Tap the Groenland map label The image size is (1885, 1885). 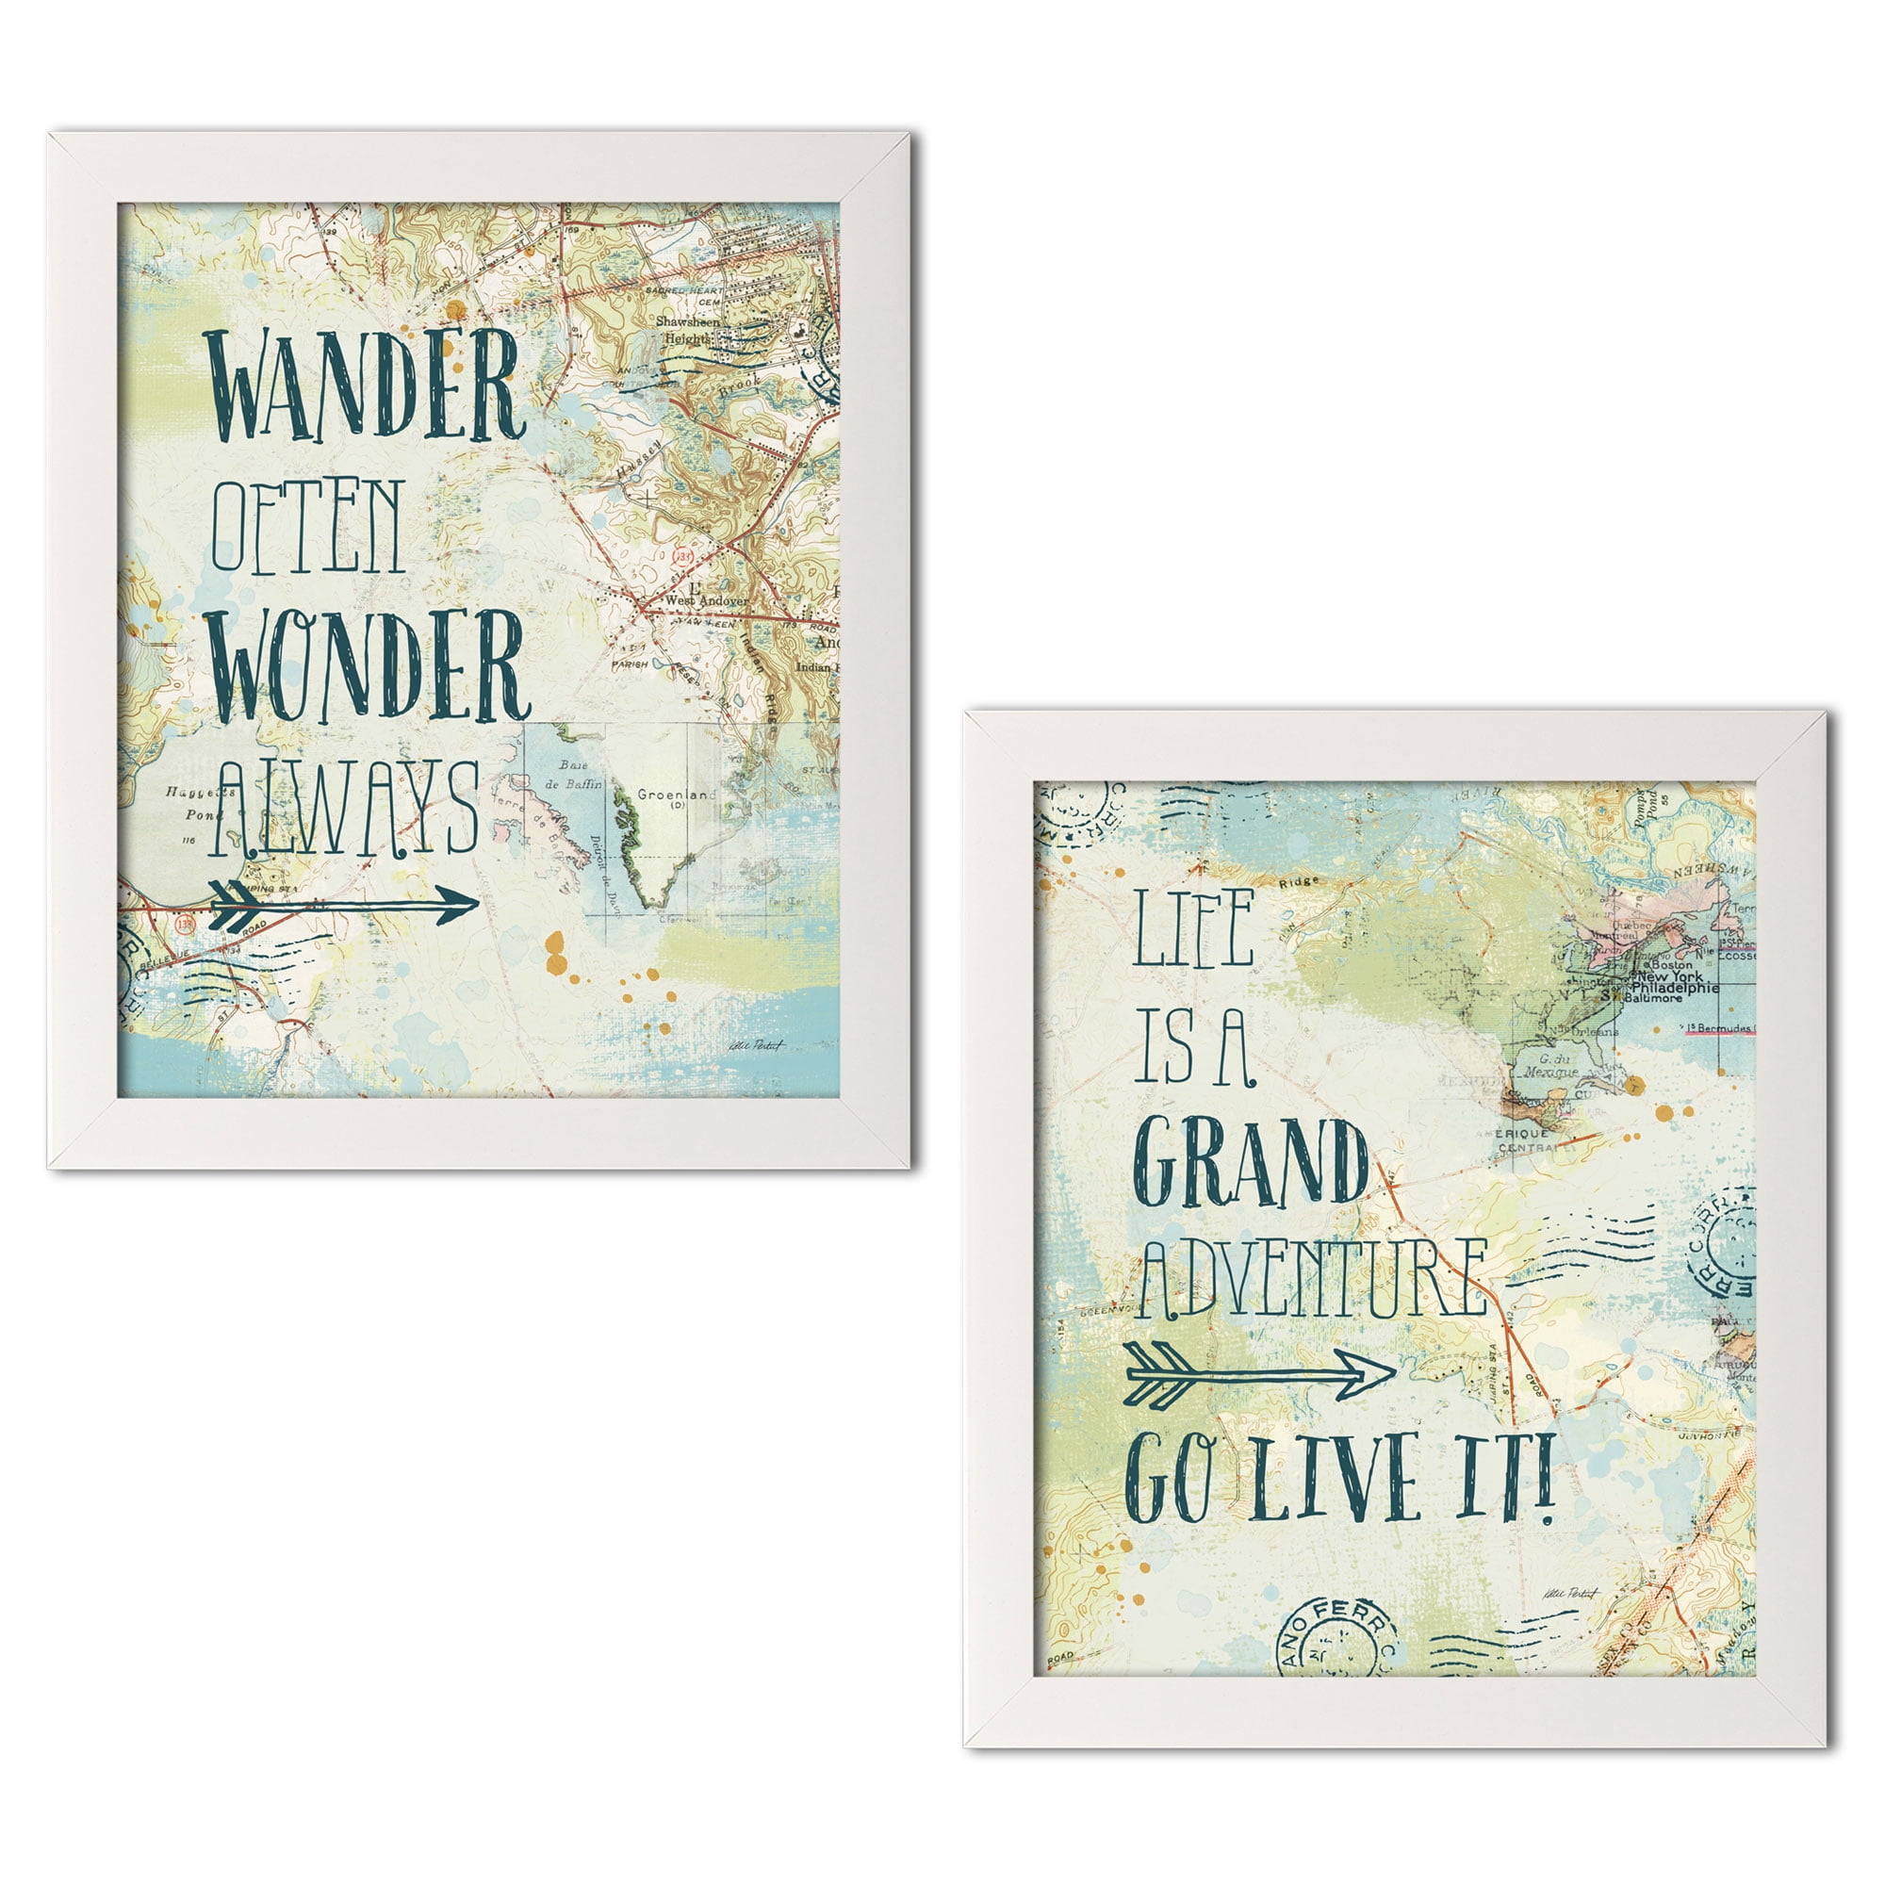point(675,795)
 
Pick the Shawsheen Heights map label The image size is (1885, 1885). point(687,330)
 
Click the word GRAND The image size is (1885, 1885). point(1254,1167)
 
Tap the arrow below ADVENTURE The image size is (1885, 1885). point(1258,1376)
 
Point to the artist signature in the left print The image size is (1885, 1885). point(753,1044)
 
